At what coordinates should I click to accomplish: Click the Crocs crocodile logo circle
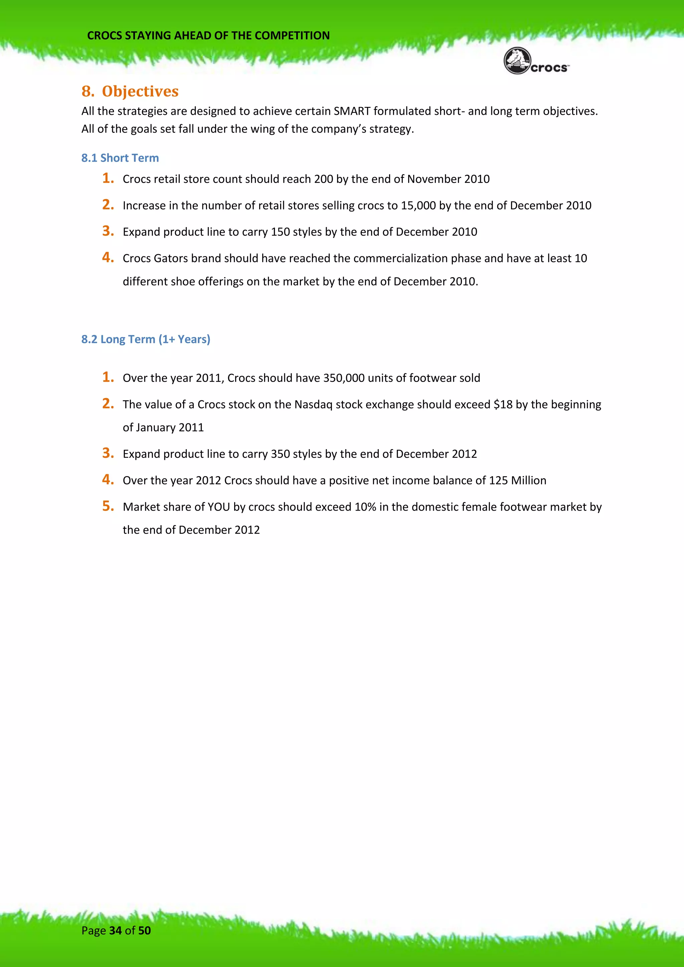coord(517,61)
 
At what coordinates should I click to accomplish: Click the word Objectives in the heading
coord(140,91)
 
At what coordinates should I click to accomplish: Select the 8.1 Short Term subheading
coord(120,158)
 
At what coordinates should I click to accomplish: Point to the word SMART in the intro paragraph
coord(352,111)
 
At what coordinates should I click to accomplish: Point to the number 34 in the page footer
coord(116,930)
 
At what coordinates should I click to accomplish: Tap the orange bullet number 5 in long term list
coord(108,506)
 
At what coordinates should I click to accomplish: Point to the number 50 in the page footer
coord(145,930)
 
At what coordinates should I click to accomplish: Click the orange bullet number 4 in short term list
coord(108,257)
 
